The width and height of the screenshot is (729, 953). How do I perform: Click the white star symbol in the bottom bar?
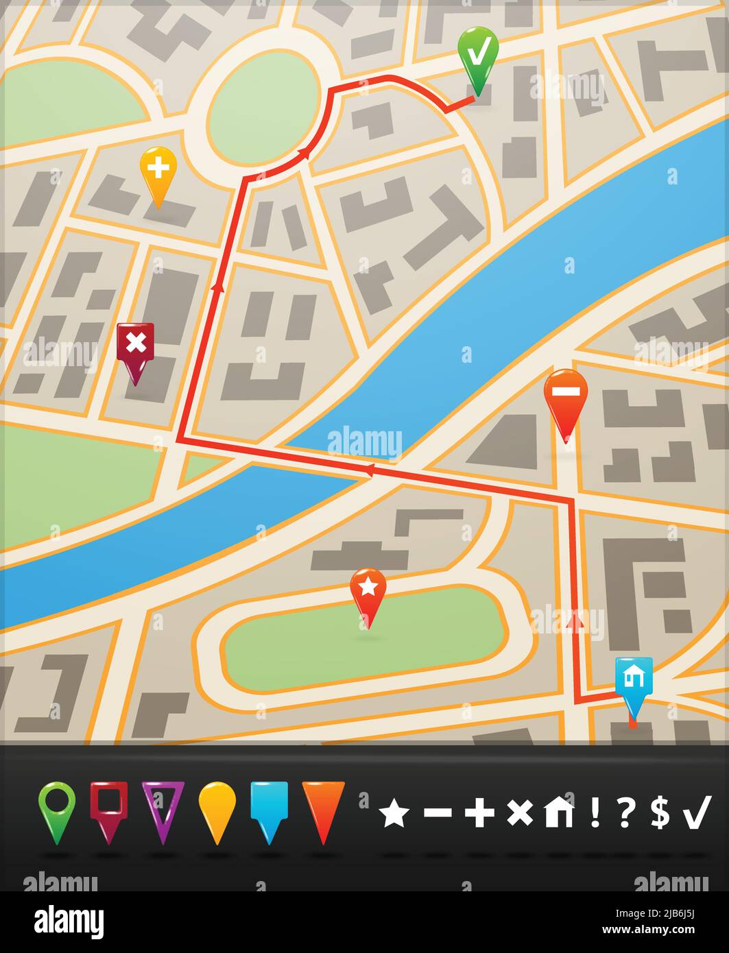(x=394, y=813)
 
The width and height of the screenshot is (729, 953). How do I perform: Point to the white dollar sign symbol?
(x=660, y=813)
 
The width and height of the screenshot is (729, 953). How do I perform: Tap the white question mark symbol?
(x=625, y=813)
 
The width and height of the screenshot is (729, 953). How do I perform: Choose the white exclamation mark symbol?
(x=595, y=813)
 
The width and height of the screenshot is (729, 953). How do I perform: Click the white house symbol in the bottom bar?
(x=558, y=813)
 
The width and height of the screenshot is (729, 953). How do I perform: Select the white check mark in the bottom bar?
(x=697, y=813)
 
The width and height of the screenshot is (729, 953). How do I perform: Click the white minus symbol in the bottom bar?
(x=438, y=813)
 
